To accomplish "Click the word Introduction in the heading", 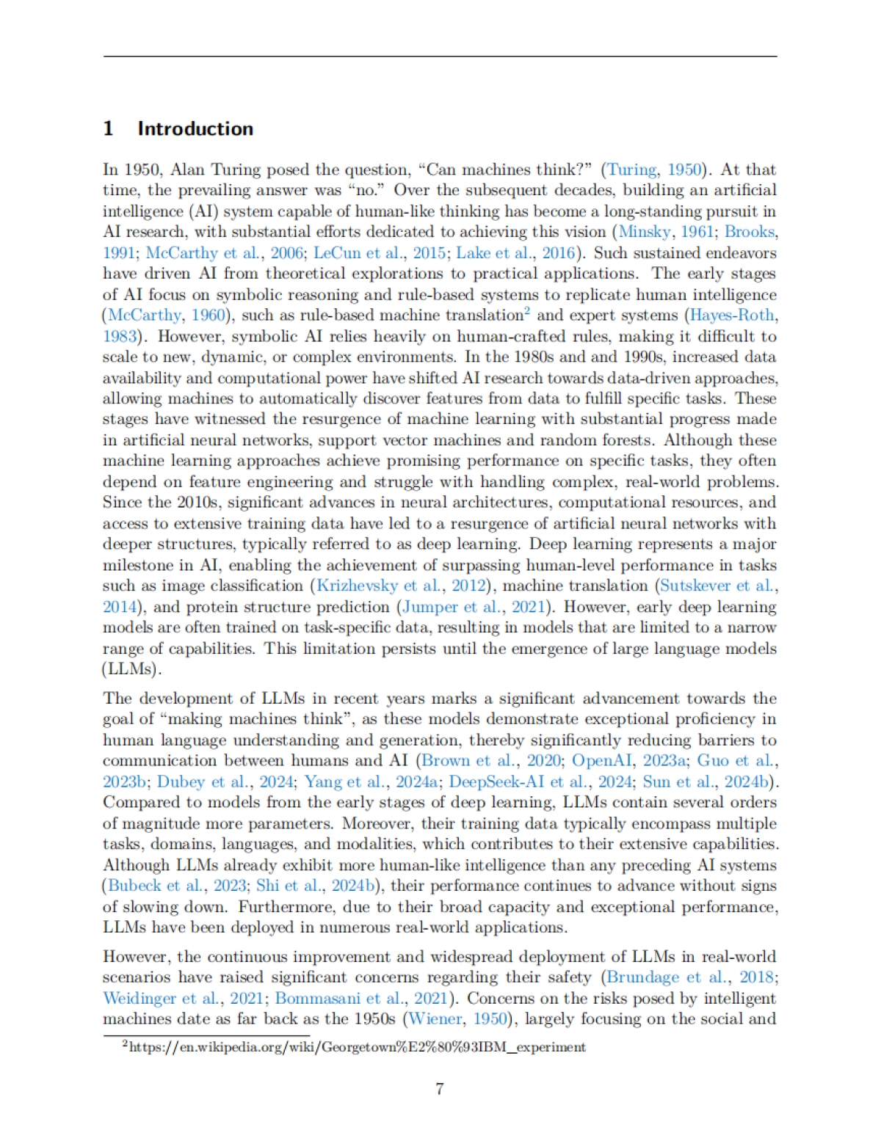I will (195, 128).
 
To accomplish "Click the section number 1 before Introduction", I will (108, 128).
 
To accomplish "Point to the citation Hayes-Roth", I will (731, 316).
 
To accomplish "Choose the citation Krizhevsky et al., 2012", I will (402, 586).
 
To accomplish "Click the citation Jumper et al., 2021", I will (474, 607).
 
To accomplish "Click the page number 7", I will (440, 1089).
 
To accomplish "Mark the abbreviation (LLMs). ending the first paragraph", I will (132, 669).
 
